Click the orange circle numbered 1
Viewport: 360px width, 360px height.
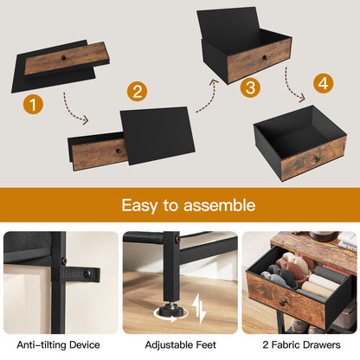pos(33,106)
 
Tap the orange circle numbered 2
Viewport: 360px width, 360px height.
pos(137,91)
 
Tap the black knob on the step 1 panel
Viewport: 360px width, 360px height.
pos(68,55)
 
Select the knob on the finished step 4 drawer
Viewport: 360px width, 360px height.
pos(315,158)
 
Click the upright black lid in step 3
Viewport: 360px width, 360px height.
pos(232,25)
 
